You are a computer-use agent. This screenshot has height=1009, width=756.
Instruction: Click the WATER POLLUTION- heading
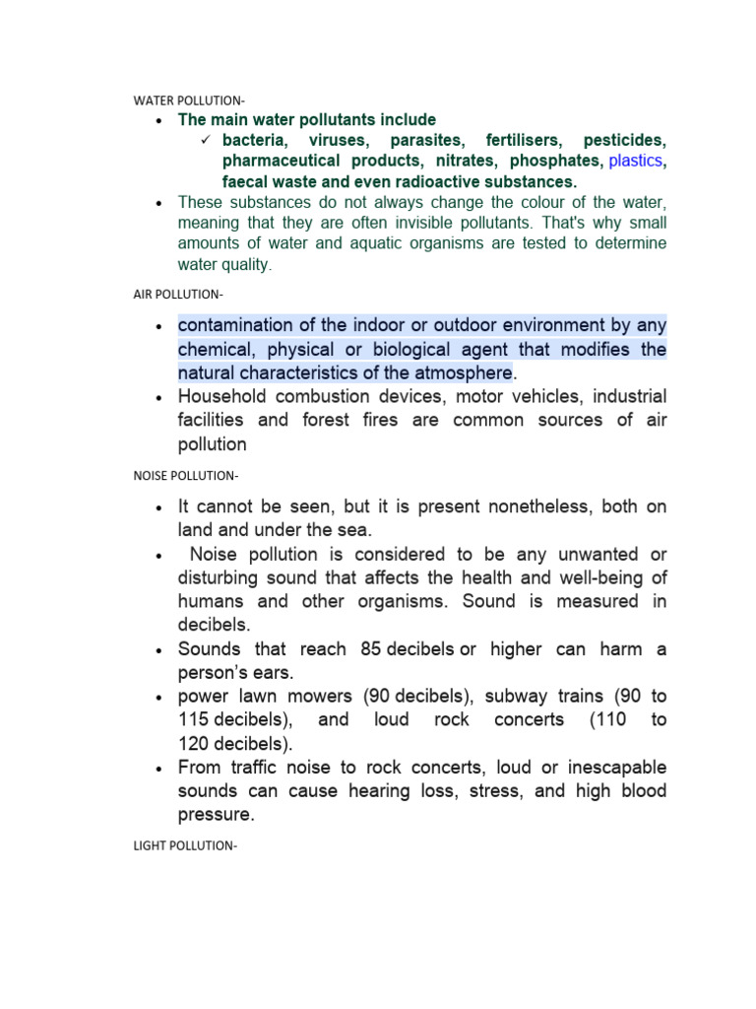click(x=189, y=101)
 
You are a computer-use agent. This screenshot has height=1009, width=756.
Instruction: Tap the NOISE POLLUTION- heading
click(x=186, y=476)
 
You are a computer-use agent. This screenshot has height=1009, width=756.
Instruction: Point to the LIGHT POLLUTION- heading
click(x=185, y=845)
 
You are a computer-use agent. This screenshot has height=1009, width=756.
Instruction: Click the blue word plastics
click(x=636, y=161)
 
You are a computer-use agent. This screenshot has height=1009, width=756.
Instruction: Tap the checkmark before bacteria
click(x=207, y=140)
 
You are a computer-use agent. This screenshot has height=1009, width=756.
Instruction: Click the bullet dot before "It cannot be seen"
click(x=158, y=508)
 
